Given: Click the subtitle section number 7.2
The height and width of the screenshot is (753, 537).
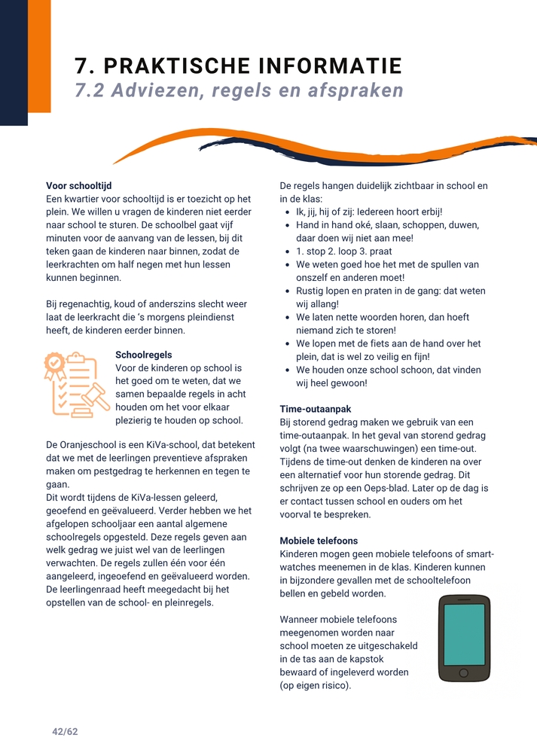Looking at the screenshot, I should point(93,90).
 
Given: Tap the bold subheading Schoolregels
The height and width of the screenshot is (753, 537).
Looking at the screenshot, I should point(144,355).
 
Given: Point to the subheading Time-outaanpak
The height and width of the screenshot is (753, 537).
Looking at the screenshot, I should point(315,409).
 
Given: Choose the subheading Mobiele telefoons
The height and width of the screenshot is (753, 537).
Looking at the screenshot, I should point(319,541).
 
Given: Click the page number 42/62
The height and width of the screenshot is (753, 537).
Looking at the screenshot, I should point(65,731).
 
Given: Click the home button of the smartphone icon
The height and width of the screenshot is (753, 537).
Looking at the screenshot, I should point(463,672).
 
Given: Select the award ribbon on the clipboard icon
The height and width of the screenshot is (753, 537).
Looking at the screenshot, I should point(54,366).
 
